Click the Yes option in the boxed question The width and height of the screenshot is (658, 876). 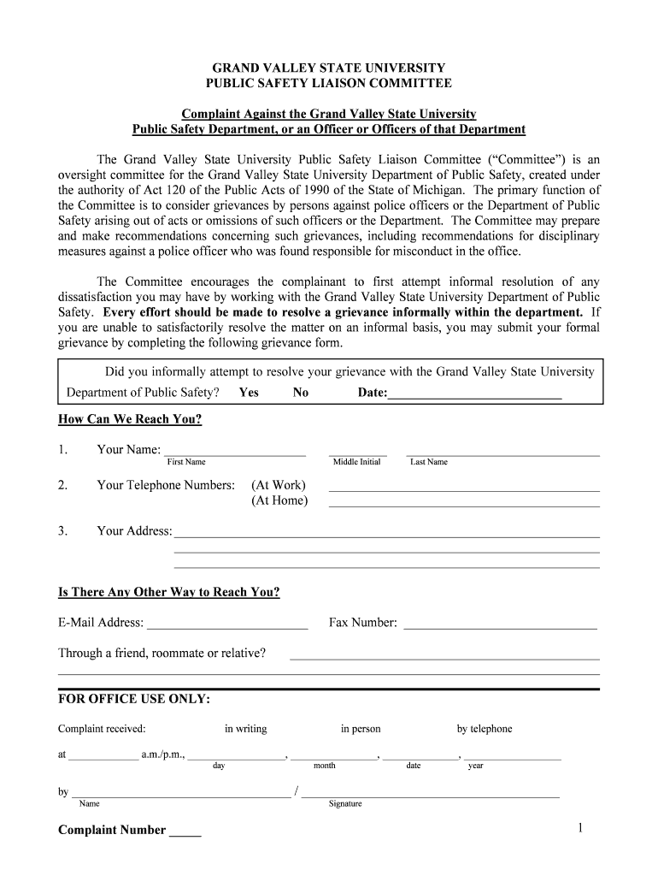pyautogui.click(x=249, y=393)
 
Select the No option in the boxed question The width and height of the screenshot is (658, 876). pyautogui.click(x=301, y=393)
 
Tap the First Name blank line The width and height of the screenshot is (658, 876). pyautogui.click(x=235, y=453)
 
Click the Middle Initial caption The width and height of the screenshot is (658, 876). pyautogui.click(x=356, y=462)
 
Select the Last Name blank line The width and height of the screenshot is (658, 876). pyautogui.click(x=502, y=453)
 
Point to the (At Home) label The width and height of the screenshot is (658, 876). pyautogui.click(x=279, y=500)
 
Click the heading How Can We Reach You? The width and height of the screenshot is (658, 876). pyautogui.click(x=130, y=419)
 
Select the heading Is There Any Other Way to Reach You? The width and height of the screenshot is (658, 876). pyautogui.click(x=168, y=592)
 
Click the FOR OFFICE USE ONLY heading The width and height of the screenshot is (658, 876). pyautogui.click(x=133, y=699)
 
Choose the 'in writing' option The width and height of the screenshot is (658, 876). pyautogui.click(x=245, y=729)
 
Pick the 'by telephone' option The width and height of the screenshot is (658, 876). pyautogui.click(x=485, y=729)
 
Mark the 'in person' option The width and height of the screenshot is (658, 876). pyautogui.click(x=361, y=729)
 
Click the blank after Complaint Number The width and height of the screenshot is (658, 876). pyautogui.click(x=185, y=832)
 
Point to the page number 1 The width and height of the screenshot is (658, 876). pyautogui.click(x=579, y=828)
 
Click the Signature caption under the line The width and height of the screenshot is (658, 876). pyautogui.click(x=345, y=803)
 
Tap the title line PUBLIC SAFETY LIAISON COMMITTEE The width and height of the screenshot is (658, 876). pyautogui.click(x=329, y=83)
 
